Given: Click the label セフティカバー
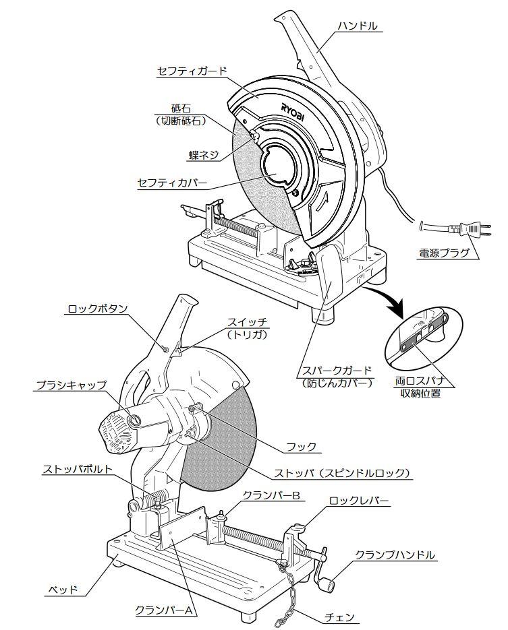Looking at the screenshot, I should pyautogui.click(x=172, y=183).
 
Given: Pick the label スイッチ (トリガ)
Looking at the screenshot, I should pyautogui.click(x=247, y=327).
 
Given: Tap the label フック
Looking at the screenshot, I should pyautogui.click(x=301, y=447).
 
